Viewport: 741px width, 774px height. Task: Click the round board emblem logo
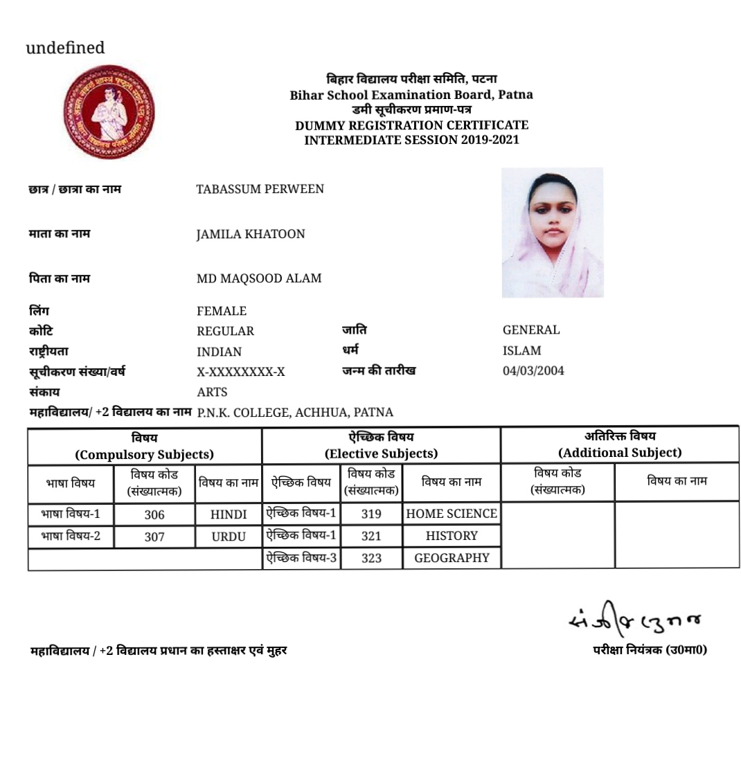[108, 112]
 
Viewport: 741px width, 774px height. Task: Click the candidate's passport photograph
[552, 233]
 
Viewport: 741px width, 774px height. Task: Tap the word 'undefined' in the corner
[65, 48]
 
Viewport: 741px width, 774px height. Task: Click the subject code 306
[154, 514]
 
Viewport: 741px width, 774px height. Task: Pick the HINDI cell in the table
[229, 514]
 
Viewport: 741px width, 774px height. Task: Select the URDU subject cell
[229, 537]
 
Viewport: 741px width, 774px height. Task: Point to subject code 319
[371, 514]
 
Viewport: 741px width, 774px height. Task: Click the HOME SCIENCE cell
[452, 514]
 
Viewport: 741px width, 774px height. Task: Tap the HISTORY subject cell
[452, 536]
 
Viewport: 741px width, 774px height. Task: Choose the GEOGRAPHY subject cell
[452, 558]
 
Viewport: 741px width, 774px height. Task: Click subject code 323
[371, 558]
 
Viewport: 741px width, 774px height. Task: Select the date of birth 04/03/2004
[533, 371]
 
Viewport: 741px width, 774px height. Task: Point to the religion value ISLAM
[522, 351]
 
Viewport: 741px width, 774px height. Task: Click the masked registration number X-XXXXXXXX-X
[240, 372]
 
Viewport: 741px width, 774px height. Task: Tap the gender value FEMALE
[222, 312]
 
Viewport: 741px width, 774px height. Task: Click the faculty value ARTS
[212, 393]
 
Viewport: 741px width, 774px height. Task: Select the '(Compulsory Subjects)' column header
[145, 455]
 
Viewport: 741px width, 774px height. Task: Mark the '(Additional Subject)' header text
[620, 453]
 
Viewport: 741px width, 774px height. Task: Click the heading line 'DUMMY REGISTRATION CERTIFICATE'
[411, 125]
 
